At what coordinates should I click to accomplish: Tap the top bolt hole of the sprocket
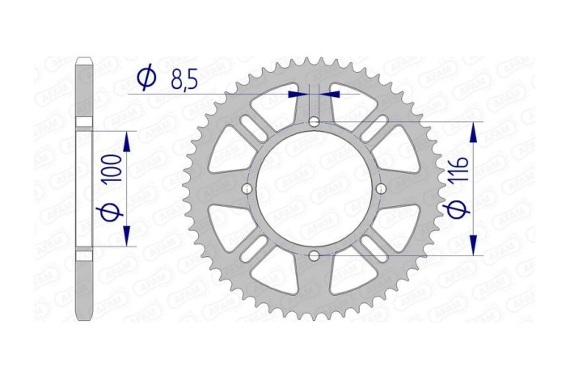click(x=314, y=121)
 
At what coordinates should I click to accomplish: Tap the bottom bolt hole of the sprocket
click(x=314, y=256)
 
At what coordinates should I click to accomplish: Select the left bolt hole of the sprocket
click(x=246, y=189)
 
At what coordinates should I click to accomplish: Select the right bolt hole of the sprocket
click(x=382, y=189)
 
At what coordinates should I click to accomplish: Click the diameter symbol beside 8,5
click(x=146, y=78)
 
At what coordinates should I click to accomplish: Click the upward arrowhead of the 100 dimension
click(x=126, y=142)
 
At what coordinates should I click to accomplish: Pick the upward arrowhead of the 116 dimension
click(x=474, y=130)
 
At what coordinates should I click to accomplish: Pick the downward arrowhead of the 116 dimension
click(x=474, y=247)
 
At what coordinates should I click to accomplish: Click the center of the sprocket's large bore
click(x=314, y=189)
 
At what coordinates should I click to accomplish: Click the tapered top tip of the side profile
click(x=85, y=61)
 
